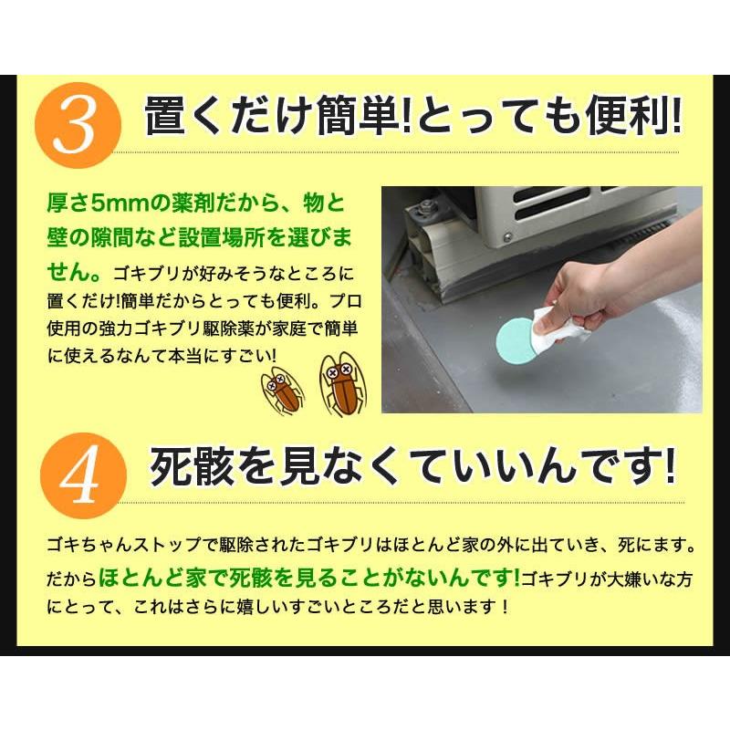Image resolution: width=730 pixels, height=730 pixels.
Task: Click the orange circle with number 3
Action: (78, 126)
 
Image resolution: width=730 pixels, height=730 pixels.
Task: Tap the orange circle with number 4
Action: (84, 475)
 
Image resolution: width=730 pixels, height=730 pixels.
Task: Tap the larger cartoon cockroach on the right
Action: (344, 383)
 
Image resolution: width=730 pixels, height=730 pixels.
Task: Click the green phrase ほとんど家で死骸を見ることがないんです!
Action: (308, 578)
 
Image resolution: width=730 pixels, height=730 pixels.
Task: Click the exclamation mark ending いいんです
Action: (670, 465)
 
